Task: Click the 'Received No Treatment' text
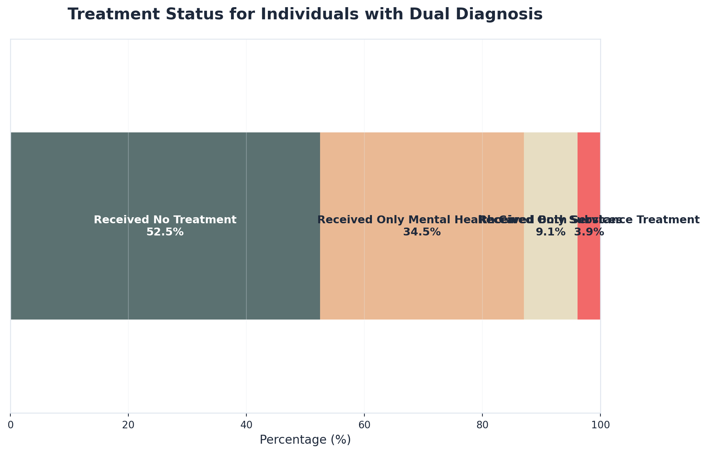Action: [x=165, y=220]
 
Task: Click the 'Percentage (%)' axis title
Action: [x=305, y=440]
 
